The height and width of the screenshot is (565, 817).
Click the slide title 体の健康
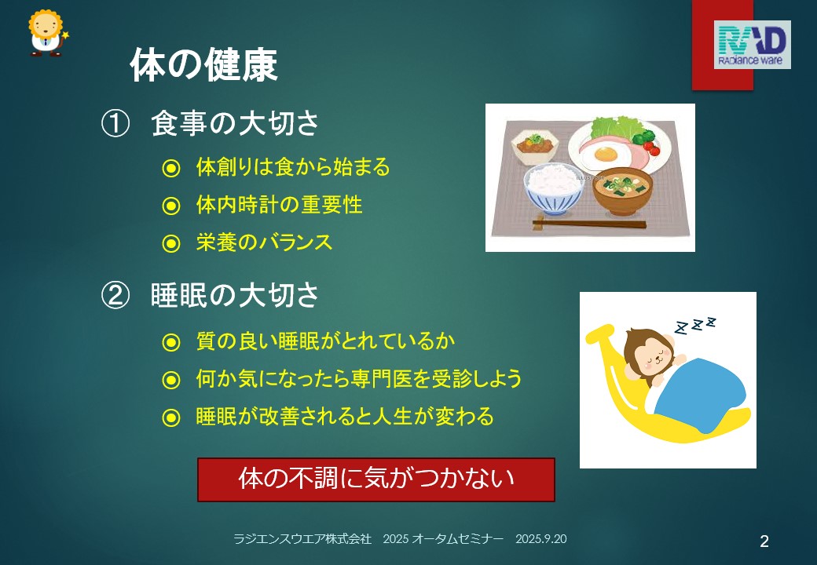[203, 64]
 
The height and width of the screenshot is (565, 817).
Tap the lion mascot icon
[47, 33]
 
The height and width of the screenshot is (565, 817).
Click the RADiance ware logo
[752, 45]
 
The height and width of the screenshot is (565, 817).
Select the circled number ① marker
[115, 124]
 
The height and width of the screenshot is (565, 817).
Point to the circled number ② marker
[115, 296]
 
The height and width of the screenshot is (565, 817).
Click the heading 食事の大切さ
[234, 124]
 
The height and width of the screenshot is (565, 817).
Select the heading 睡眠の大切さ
[234, 296]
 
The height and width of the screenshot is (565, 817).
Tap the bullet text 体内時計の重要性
[280, 205]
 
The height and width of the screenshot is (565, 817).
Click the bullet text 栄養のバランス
[264, 242]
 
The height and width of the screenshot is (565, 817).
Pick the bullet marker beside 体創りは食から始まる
[171, 168]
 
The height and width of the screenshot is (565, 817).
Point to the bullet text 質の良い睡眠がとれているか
[326, 341]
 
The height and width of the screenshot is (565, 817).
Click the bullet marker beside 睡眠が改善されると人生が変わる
[171, 417]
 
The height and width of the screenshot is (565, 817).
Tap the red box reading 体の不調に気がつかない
[376, 479]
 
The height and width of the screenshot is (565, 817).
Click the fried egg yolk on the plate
[606, 154]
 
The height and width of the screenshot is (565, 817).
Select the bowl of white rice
[553, 188]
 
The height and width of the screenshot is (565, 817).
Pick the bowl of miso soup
[623, 191]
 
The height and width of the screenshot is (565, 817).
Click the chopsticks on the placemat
[589, 224]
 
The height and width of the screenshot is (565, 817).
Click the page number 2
[764, 541]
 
